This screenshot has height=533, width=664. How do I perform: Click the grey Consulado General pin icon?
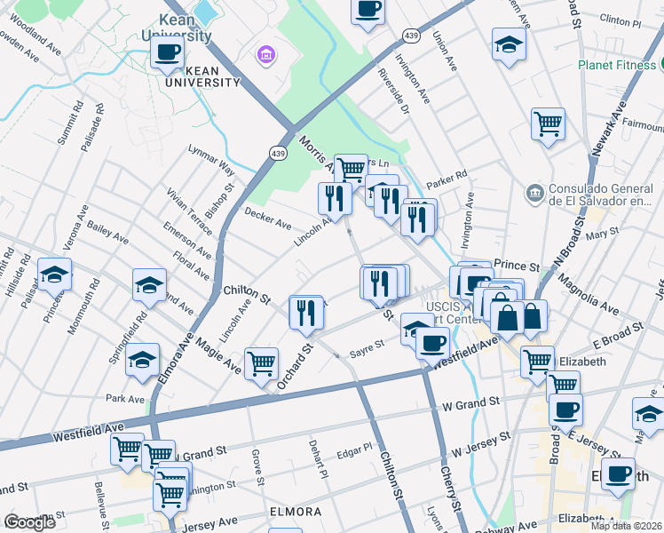click(x=534, y=192)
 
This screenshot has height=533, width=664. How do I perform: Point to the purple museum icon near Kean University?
click(x=265, y=56)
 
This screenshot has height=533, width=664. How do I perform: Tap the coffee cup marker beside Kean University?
click(x=167, y=52)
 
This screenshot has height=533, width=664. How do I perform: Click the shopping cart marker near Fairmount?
click(x=548, y=123)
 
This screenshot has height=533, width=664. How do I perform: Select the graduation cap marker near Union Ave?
click(x=510, y=44)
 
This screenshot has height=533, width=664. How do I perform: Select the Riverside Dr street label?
click(x=393, y=91)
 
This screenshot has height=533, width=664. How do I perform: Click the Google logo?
click(x=29, y=522)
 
